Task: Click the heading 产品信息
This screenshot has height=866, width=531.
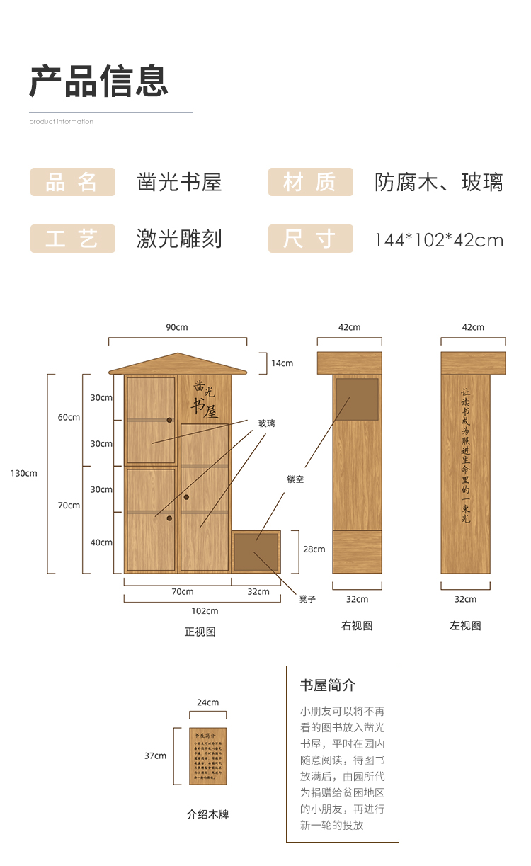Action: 99,81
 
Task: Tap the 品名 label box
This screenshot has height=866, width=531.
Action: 72,182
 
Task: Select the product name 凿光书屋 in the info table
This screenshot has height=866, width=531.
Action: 179,182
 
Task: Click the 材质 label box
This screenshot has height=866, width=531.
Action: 310,182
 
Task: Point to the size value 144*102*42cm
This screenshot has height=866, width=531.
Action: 439,240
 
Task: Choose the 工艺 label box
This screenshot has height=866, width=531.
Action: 72,239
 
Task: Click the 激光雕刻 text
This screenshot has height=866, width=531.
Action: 179,239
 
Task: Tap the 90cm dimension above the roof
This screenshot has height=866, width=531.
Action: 177,327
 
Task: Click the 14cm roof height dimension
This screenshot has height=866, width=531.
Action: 282,363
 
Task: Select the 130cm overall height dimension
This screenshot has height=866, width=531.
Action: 23,473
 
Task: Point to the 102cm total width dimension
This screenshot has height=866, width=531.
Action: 205,610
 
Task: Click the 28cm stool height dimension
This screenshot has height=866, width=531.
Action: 314,549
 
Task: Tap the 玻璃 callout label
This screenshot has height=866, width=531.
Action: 266,423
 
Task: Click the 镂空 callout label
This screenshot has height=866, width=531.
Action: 295,479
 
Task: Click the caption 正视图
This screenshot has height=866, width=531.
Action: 200,632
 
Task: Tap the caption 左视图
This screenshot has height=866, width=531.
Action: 465,626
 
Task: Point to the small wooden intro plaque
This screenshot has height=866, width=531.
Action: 207,756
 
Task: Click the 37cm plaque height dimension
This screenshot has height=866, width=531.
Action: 155,756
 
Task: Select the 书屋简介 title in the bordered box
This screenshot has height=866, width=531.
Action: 328,685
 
